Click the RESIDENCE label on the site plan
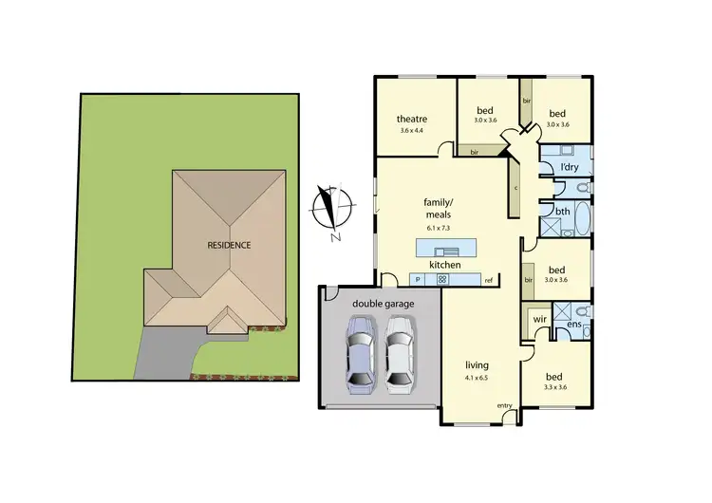[229, 245]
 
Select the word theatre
[412, 119]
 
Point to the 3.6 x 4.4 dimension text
[412, 130]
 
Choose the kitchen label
[445, 265]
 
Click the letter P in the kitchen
[418, 280]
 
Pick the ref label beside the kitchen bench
[489, 281]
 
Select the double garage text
[381, 303]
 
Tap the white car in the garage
[401, 354]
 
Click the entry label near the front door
[504, 406]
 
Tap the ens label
[573, 326]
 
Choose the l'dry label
[570, 168]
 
